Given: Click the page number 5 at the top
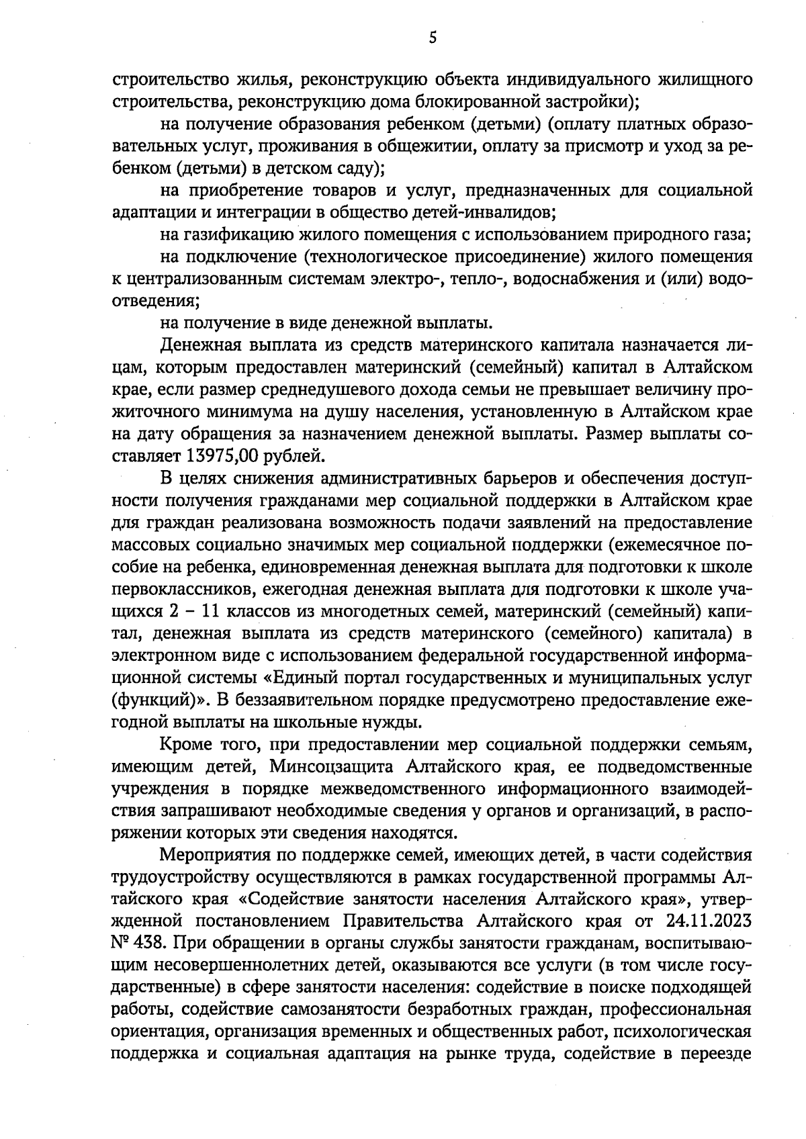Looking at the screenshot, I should (x=433, y=38).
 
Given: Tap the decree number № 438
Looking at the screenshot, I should (x=137, y=942).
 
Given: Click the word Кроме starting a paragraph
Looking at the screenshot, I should (x=186, y=743).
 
